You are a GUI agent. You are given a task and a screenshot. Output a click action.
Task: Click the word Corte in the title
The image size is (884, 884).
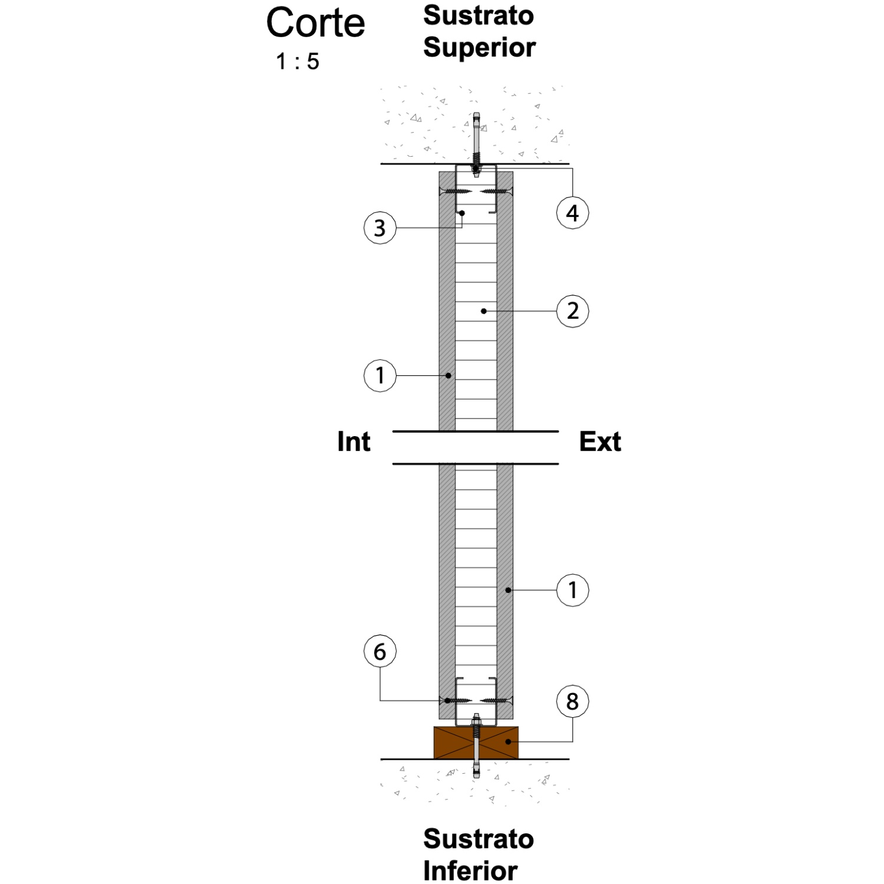[x=315, y=23]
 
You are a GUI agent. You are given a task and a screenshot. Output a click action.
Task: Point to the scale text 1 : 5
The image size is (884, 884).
[x=298, y=61]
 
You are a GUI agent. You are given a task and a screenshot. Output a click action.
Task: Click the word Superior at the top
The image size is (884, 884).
[x=479, y=48]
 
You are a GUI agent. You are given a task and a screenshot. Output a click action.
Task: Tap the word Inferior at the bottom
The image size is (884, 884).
[x=470, y=870]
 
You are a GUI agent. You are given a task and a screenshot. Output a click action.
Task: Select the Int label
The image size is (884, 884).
[x=354, y=441]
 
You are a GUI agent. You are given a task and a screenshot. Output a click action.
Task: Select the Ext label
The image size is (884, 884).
[x=600, y=441]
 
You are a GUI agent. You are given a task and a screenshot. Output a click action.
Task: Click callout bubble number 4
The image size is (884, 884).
[x=572, y=213]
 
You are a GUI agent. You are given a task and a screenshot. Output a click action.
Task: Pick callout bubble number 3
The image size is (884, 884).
[x=380, y=227]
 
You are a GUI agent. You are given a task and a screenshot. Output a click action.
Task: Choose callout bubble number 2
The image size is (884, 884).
[x=572, y=311]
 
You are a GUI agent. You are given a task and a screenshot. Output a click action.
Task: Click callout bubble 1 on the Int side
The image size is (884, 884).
[x=380, y=375]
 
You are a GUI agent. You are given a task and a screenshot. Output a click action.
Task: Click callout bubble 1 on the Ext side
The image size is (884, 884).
[x=572, y=590]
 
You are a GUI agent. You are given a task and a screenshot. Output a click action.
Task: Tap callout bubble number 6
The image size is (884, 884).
[x=380, y=652]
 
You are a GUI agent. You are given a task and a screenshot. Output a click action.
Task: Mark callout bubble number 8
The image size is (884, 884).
[x=572, y=701]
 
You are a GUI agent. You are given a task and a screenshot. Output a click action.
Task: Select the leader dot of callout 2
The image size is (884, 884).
[x=484, y=311]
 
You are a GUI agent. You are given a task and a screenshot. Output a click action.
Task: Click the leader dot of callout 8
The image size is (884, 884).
[x=508, y=741]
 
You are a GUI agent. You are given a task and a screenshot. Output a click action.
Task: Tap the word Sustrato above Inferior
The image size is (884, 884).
[x=479, y=839]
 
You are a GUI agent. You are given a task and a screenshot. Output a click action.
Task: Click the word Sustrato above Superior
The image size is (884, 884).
[x=479, y=16]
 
